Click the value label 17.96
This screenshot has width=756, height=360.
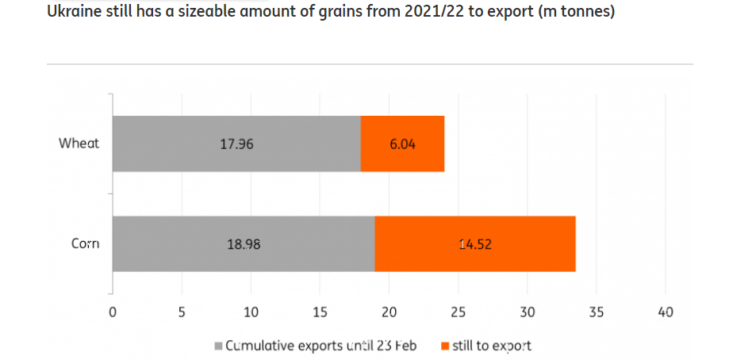tap(236, 144)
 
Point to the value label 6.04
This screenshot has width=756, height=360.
tap(401, 144)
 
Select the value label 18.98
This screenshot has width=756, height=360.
tap(244, 244)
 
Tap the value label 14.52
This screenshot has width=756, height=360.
tap(475, 244)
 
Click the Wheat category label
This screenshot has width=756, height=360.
tap(79, 144)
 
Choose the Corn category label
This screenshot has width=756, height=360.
tap(85, 243)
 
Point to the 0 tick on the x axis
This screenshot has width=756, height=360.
tap(113, 312)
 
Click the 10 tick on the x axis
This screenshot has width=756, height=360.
tap(251, 312)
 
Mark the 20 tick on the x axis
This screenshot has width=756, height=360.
tap(389, 312)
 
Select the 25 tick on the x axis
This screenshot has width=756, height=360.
tap(459, 312)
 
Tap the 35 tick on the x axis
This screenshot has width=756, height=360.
tap(597, 312)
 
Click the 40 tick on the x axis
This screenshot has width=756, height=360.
tap(666, 312)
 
